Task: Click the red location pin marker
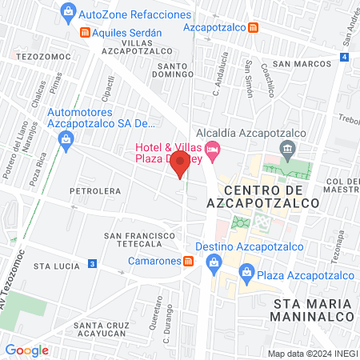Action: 181,165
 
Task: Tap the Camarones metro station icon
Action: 187,261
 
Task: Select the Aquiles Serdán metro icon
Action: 85,32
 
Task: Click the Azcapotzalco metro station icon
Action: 253,27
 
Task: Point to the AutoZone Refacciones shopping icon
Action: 69,13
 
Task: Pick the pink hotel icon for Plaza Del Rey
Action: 212,148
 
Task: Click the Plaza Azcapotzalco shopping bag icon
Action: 247,276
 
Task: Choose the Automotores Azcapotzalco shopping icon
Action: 67,140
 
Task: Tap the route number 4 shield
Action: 343,58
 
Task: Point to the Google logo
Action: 26,350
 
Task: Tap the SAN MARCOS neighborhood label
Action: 301,63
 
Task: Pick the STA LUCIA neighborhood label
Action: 53,265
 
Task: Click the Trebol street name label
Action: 350,119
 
